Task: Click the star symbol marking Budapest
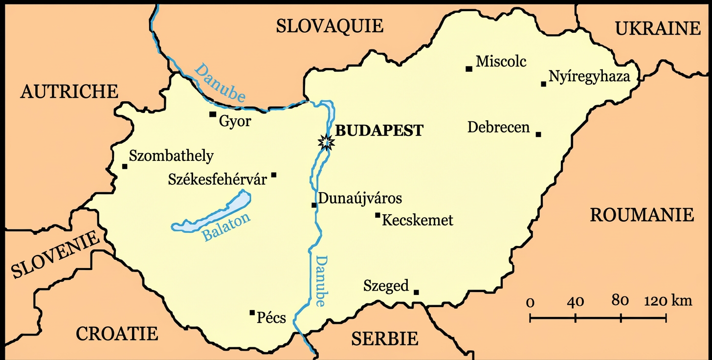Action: point(326,142)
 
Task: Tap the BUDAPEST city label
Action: point(379,131)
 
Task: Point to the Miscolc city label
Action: point(501,61)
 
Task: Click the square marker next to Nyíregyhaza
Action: point(543,84)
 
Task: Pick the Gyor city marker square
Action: point(213,114)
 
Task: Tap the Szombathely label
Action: point(171,156)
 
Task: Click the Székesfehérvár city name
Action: point(217,180)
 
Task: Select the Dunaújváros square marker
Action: point(314,205)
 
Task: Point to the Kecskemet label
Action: point(417,220)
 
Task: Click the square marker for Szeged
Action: point(416,292)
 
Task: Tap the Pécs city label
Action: point(271,318)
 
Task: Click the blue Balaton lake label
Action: point(226,227)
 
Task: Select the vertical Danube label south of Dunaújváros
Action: point(321,281)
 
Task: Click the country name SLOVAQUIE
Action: point(330,25)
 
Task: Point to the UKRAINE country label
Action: point(658,29)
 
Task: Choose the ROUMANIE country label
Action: point(642,215)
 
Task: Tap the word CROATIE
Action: point(117,334)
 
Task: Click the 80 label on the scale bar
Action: point(620,301)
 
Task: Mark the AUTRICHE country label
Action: point(69,91)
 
